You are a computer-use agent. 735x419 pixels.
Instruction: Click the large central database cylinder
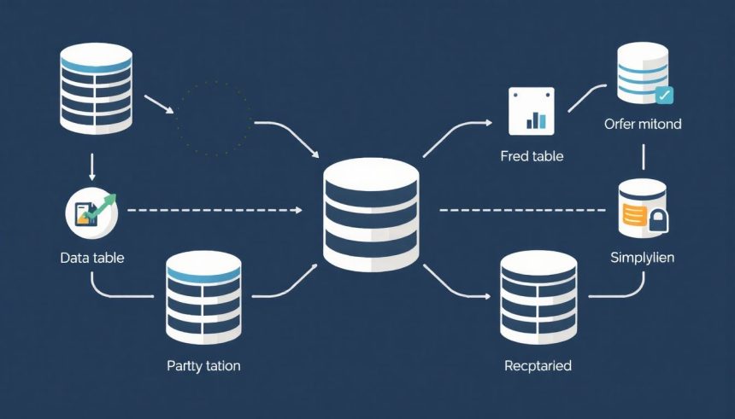coord(371,218)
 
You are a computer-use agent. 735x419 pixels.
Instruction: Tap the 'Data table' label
coord(91,257)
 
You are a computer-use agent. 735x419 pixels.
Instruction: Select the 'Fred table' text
coord(532,157)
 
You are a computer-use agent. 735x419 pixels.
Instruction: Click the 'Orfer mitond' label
coord(642,124)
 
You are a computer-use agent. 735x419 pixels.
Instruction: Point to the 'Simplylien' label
coord(643,257)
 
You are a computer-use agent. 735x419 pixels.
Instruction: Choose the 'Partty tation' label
coord(203,365)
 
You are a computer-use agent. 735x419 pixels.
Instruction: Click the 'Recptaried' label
coord(538,365)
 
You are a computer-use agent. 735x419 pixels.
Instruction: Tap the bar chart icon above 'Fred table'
coord(532,111)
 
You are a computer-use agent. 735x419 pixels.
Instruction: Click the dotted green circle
coord(215,119)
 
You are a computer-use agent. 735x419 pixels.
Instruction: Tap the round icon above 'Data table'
coord(91,212)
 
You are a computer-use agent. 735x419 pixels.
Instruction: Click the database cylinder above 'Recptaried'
coord(538,297)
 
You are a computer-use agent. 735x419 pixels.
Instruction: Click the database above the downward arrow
coord(96,89)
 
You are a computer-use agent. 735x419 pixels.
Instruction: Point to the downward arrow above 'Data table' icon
coord(91,166)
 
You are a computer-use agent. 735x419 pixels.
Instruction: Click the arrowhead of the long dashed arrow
coord(298,210)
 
